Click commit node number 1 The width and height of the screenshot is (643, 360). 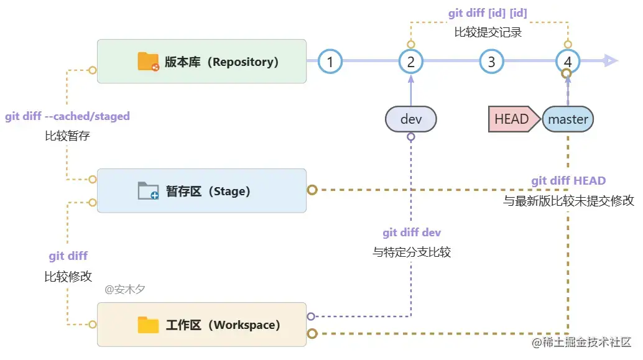coord(330,62)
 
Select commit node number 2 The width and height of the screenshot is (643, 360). coord(410,62)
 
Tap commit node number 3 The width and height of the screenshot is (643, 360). coord(491,62)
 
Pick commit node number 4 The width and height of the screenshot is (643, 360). coord(568,62)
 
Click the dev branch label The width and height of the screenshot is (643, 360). coord(410,119)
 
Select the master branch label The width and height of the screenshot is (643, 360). coord(568,119)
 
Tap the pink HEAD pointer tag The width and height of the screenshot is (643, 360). coord(512,119)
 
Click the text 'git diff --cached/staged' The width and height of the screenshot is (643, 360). coord(67,116)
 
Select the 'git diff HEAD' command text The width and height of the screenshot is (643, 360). coord(568,181)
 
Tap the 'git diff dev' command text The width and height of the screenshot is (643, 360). coord(412,233)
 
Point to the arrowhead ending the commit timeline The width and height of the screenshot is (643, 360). coord(611,61)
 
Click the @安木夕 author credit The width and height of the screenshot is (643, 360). coord(125,289)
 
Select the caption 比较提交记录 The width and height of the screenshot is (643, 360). coord(488,32)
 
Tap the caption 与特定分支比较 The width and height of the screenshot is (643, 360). coord(412,252)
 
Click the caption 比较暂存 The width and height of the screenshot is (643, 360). coord(67,136)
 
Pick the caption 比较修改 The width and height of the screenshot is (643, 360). coord(68,276)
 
